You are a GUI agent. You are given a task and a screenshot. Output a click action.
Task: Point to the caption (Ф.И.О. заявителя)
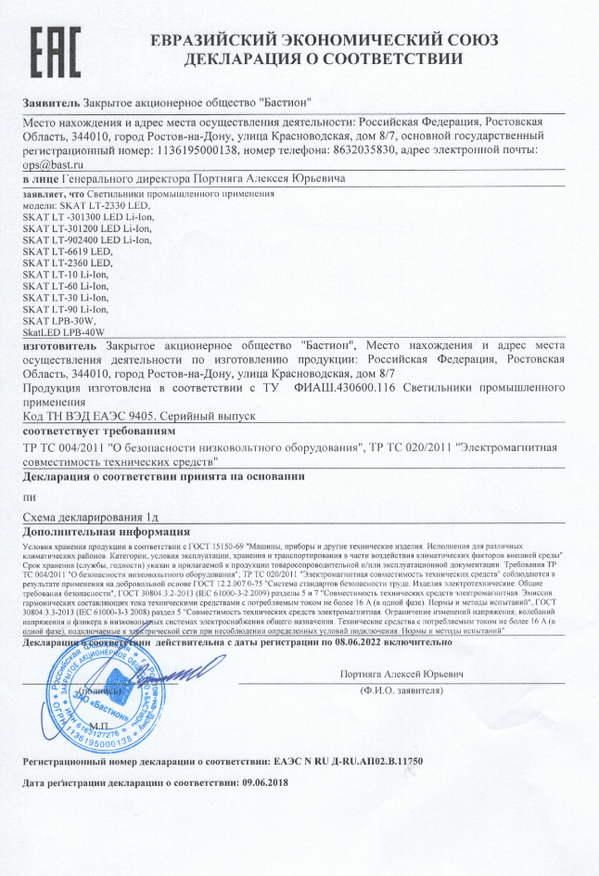point(401,690)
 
